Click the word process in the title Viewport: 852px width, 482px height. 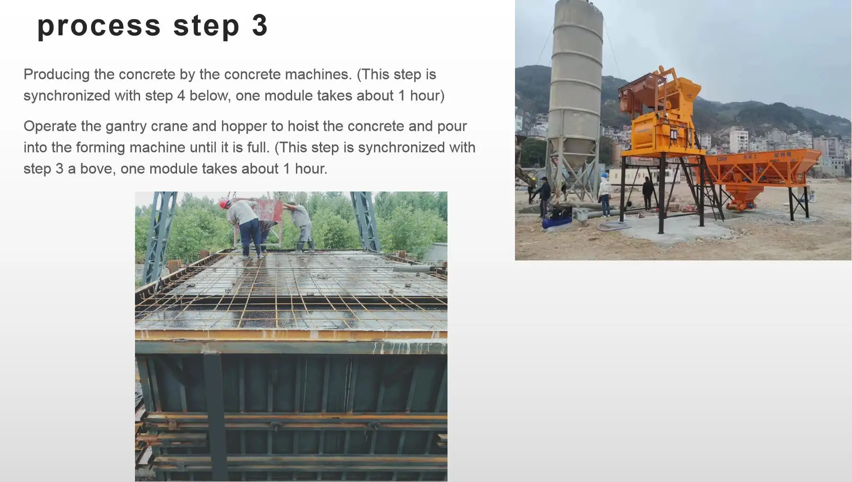coord(98,26)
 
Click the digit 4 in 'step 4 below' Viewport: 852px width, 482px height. coord(181,96)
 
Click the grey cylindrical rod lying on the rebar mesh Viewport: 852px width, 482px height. coord(411,268)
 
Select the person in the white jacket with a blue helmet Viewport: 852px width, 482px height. coord(604,194)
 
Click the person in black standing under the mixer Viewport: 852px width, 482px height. coord(648,192)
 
